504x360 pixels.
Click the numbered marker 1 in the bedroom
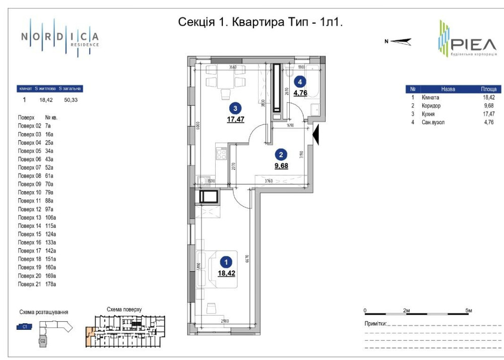[x=227, y=262]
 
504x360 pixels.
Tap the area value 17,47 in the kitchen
[x=235, y=119]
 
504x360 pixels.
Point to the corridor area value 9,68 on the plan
[x=281, y=165]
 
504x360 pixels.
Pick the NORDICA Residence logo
[x=60, y=37]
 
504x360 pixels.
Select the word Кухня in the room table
[x=428, y=114]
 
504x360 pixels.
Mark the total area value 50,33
[x=71, y=100]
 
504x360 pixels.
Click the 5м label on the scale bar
[x=469, y=310]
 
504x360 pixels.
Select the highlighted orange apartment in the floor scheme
[x=89, y=335]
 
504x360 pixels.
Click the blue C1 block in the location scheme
[x=25, y=327]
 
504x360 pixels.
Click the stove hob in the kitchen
[x=220, y=153]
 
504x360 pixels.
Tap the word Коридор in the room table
[x=431, y=106]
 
